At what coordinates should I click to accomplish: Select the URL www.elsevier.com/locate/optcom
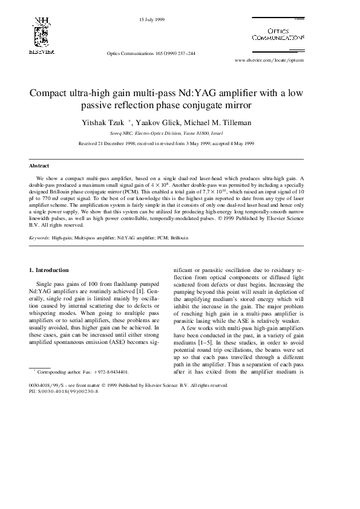coord(269,60)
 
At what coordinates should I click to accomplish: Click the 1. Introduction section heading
coord(49,270)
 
